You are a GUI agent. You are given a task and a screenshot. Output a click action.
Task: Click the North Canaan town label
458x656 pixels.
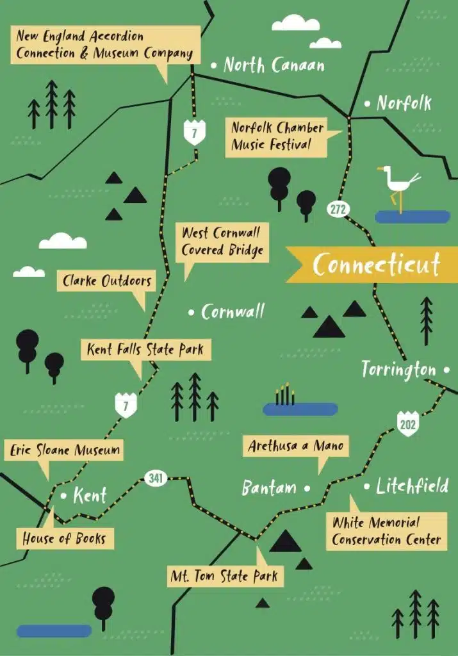(x=274, y=65)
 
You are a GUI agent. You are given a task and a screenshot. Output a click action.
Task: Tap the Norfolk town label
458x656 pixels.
(x=404, y=103)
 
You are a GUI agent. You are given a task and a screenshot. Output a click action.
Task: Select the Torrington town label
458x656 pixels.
(x=398, y=370)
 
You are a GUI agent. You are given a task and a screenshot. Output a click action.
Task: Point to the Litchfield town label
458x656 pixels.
(x=412, y=486)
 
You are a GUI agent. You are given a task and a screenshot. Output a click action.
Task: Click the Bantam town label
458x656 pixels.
(x=269, y=488)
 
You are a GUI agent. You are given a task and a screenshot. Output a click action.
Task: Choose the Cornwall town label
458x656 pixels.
(x=233, y=312)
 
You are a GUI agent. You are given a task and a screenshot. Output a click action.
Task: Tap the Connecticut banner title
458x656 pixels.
(x=377, y=265)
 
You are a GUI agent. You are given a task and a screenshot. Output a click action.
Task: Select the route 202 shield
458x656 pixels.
(x=407, y=424)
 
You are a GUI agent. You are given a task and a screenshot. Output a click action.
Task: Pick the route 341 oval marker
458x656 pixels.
(x=156, y=478)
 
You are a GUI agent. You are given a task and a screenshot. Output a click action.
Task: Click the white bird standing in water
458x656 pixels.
(x=399, y=184)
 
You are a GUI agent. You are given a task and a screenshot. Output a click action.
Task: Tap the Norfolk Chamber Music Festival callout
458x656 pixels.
(x=277, y=136)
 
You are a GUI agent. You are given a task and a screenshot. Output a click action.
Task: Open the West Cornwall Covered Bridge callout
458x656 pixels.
(x=222, y=241)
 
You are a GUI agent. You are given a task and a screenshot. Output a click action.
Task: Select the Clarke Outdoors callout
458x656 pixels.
(x=106, y=281)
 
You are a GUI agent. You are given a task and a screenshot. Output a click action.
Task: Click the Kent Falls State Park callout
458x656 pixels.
(x=145, y=350)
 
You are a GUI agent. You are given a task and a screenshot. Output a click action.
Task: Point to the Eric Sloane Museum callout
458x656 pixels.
(x=65, y=450)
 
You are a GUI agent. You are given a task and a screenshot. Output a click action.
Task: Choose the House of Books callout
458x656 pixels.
(x=65, y=538)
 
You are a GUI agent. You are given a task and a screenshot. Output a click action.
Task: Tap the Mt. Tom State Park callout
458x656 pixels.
(x=224, y=576)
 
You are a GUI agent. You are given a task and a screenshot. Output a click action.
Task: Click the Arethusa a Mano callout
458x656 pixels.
(x=295, y=446)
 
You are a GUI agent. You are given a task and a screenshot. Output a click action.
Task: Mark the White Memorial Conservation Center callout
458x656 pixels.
(x=386, y=531)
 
